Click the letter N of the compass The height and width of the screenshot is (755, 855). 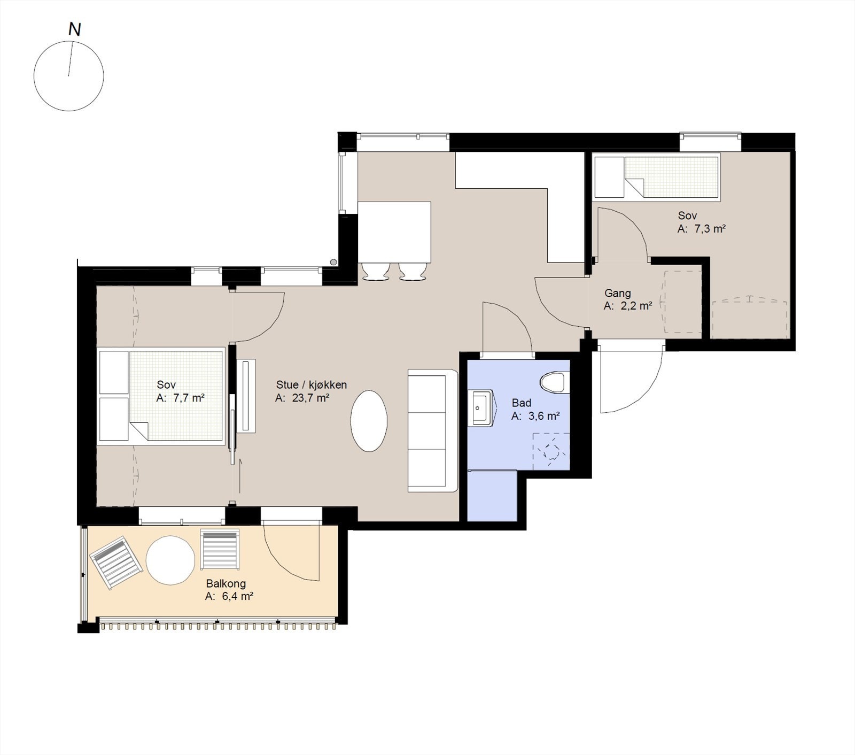point(75,29)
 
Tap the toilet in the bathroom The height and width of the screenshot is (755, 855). point(552,382)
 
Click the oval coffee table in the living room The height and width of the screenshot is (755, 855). point(369,421)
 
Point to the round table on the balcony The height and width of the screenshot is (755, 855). point(170,560)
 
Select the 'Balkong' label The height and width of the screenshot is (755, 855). point(226,583)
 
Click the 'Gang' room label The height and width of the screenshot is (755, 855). point(618,293)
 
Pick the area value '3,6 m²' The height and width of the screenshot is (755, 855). point(544,416)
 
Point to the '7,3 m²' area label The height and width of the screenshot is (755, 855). point(710,229)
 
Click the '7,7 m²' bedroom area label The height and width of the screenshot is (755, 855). point(189,398)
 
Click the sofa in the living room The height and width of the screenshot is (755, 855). point(433,430)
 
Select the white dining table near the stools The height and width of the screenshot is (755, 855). point(394,232)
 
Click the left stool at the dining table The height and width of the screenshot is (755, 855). point(376,271)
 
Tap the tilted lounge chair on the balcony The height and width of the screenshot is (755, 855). point(117,563)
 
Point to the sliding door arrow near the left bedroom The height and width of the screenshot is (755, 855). point(240,475)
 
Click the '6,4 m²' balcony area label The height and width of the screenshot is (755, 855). point(237,597)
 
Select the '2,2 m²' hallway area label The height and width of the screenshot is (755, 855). point(636,306)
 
